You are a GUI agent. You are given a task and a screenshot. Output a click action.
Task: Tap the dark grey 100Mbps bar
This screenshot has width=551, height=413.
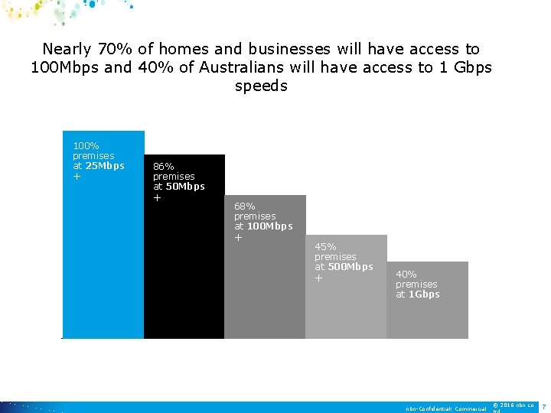tap(265, 291)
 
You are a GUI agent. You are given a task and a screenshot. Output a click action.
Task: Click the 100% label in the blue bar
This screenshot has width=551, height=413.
tap(86, 145)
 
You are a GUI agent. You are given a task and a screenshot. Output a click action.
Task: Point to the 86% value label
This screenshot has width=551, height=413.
tap(164, 166)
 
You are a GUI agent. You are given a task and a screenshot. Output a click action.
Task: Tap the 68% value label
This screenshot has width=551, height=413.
tap(245, 206)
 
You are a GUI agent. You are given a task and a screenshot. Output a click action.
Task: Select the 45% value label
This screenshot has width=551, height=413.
tap(325, 246)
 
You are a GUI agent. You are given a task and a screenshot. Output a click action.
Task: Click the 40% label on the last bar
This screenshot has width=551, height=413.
tap(406, 274)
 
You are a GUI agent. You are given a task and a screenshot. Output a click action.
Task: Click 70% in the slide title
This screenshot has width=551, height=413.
tap(113, 50)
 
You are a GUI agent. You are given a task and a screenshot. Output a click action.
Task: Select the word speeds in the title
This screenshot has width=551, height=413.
tap(262, 86)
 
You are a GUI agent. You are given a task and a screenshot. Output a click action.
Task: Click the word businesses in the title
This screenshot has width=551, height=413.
tap(294, 50)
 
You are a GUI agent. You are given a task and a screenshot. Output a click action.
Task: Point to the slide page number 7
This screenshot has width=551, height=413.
tap(543, 405)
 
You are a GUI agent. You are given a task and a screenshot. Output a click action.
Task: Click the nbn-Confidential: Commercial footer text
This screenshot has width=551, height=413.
tap(446, 409)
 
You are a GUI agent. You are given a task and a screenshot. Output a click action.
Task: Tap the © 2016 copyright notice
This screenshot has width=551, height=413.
tap(514, 405)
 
